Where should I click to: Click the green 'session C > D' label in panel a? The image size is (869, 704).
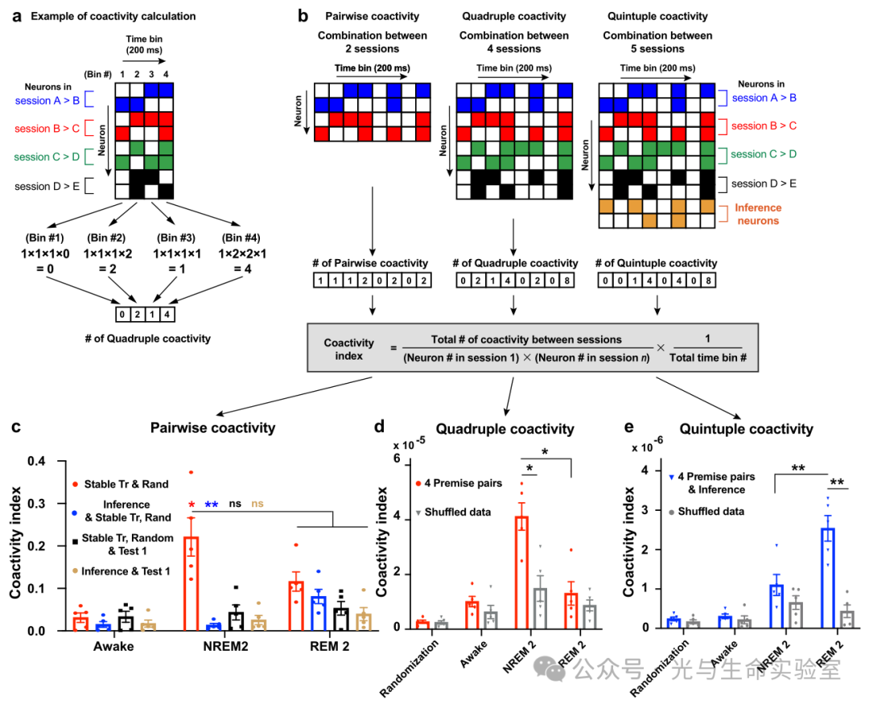coord(48,156)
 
